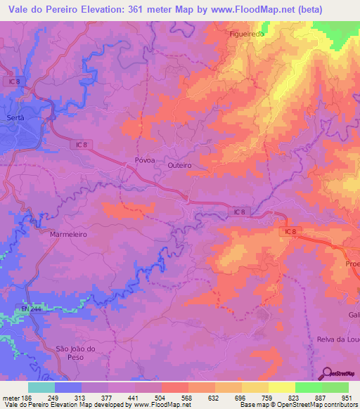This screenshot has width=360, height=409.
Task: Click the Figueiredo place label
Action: coord(246,33)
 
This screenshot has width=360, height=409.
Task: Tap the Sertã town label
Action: coord(15,117)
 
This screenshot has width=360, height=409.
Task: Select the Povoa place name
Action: coord(144,160)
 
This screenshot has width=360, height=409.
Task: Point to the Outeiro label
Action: coord(180,166)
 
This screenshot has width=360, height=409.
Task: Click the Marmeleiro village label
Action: coord(68,235)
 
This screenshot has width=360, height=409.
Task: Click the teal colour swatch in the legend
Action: coord(41,387)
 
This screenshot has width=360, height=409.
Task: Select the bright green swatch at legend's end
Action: coord(335,387)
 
